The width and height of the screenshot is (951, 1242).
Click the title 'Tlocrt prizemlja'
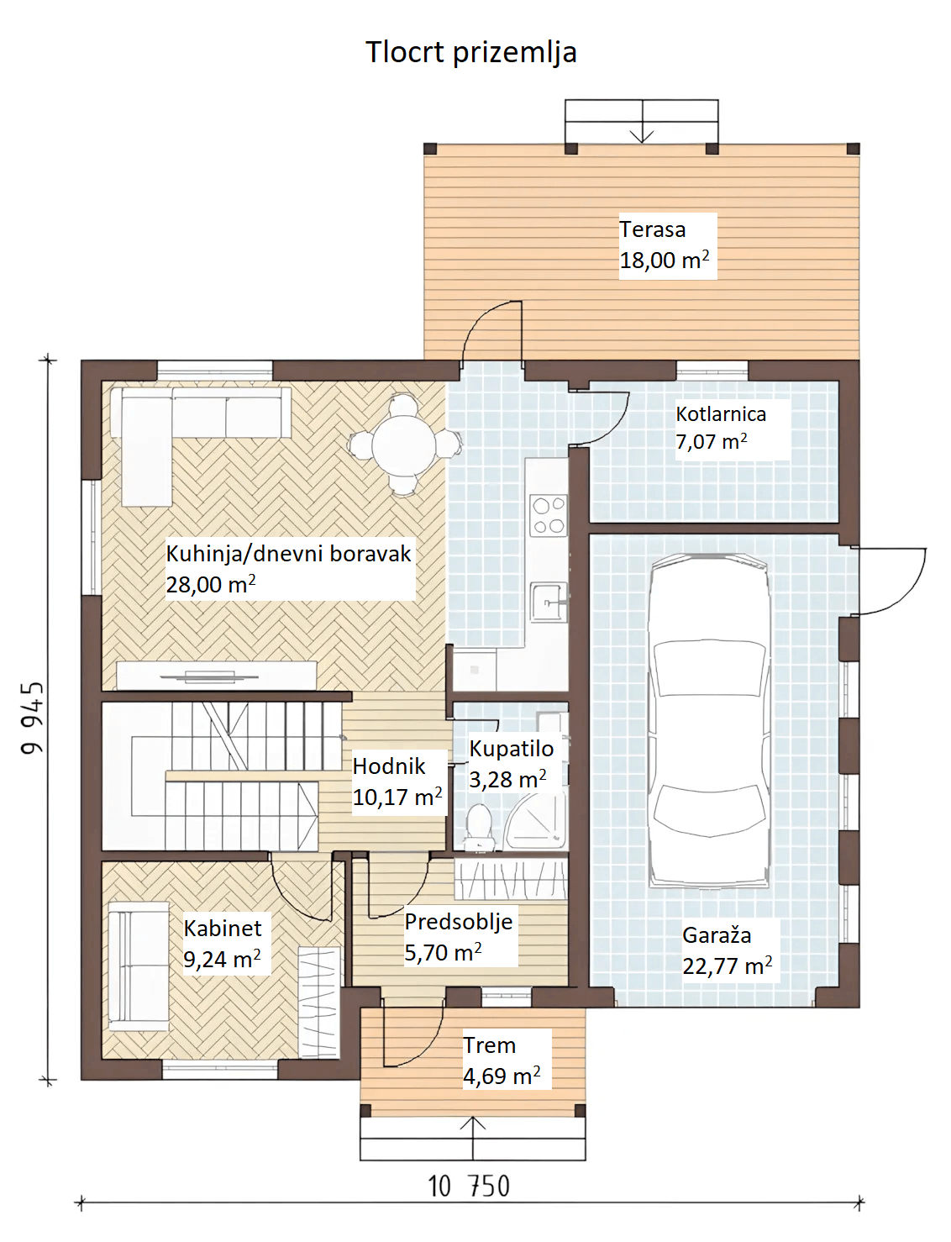470,53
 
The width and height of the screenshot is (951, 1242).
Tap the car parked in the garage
709,721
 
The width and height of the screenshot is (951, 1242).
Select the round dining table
404,444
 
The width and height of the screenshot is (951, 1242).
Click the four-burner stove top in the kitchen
549,516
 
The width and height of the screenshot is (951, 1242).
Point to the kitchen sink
549,602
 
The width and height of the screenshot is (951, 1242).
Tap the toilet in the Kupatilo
479,827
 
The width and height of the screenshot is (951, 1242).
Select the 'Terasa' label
652,229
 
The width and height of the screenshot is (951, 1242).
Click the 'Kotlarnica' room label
721,413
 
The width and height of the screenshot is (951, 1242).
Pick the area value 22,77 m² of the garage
727,966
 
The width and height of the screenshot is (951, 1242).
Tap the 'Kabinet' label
222,929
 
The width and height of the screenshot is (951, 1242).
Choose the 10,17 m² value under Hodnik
397,797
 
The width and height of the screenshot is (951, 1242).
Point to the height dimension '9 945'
32,718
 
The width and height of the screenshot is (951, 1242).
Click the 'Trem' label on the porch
490,1045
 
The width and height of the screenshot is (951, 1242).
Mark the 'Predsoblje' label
459,923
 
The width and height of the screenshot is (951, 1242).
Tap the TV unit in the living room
217,676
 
